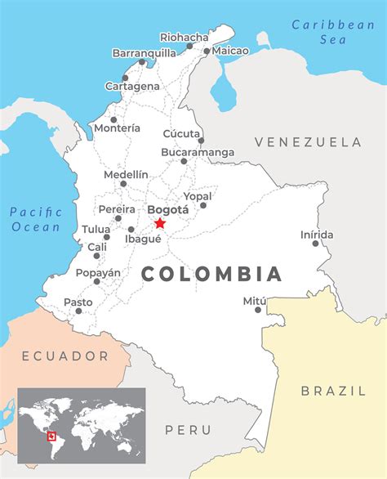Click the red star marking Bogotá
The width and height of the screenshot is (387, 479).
pos(160,222)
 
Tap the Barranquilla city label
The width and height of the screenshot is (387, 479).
pos(144,53)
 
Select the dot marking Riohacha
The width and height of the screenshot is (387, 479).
pos(189,47)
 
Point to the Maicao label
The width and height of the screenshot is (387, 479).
pos(231,51)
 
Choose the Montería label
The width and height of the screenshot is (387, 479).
pos(117,128)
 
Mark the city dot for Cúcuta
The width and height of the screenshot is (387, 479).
pos(201,141)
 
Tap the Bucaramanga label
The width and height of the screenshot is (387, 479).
pos(197,152)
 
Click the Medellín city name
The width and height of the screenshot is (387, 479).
pos(126,174)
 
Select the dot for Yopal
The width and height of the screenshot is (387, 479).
pos(203,205)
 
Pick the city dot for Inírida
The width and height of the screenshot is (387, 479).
pos(315,244)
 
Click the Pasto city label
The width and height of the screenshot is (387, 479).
pos(78,302)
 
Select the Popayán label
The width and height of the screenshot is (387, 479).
pos(98,272)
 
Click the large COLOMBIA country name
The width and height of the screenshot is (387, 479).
pos(211,274)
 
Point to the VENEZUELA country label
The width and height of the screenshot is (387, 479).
pos(307,142)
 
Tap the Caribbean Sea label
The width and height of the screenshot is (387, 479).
pos(333,32)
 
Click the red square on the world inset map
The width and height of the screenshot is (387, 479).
pos(51,436)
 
